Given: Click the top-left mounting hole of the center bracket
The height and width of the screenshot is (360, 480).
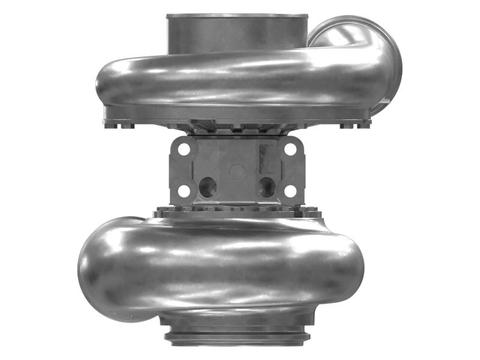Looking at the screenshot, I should click(x=184, y=148).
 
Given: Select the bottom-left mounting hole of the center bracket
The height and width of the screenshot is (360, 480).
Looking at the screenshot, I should click(x=184, y=191).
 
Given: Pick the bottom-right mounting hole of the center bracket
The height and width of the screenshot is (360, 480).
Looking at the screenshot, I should click(x=290, y=191).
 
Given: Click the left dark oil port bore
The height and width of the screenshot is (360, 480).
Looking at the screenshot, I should click(x=208, y=188).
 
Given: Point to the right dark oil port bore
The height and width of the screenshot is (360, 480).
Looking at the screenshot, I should click(x=266, y=188).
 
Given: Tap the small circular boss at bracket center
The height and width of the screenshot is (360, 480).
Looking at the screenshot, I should click(x=237, y=170).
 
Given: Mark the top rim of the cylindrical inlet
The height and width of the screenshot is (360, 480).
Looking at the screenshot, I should click(x=237, y=16).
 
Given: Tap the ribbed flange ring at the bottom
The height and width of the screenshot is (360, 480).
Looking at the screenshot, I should click(x=237, y=336).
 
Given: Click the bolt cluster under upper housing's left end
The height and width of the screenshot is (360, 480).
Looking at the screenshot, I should click(x=120, y=124).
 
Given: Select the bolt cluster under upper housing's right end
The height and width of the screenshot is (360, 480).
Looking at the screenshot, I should click(x=354, y=124).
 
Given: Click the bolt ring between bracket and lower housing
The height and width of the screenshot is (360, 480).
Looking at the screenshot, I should click(x=237, y=210).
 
